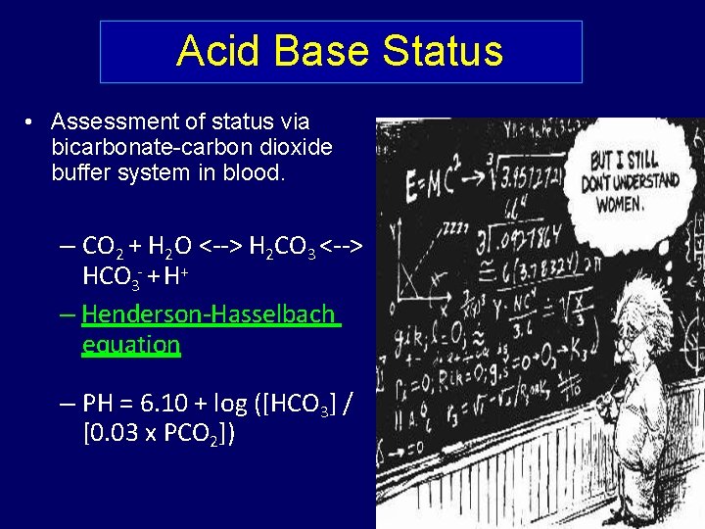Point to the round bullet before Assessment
coord(31,122)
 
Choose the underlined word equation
coord(131,344)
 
